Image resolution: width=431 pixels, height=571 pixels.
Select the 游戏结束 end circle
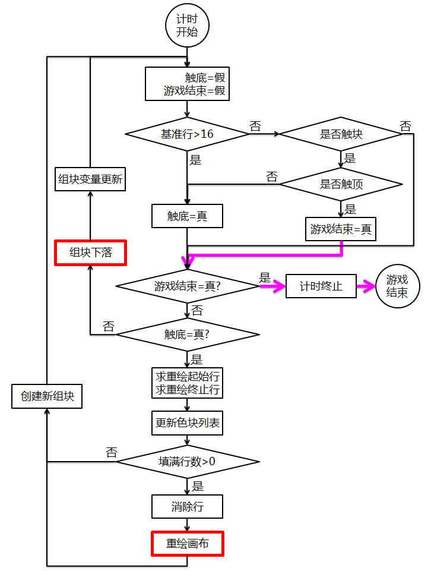(x=397, y=286)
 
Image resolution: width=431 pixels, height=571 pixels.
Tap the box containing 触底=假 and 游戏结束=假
(x=187, y=84)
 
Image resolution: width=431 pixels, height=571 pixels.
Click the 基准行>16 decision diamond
(x=187, y=134)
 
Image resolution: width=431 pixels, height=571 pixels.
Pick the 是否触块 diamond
(x=341, y=134)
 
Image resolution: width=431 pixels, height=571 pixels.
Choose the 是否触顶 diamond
(x=341, y=184)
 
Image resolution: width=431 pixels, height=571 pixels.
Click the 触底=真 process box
(x=187, y=217)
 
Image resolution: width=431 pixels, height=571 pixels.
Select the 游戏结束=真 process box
(x=341, y=229)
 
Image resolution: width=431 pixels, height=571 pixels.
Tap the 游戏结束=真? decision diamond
(x=187, y=286)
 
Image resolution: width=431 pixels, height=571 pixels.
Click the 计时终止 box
(x=321, y=286)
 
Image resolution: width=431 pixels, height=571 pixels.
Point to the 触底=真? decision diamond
(x=187, y=335)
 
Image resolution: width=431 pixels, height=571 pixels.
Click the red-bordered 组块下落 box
(x=90, y=253)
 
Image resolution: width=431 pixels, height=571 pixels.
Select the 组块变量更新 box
(x=90, y=179)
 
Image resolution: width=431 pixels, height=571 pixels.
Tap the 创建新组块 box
(x=47, y=396)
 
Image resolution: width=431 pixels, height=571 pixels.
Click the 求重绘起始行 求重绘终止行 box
(x=187, y=383)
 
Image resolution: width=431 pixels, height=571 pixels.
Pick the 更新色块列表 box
(x=187, y=423)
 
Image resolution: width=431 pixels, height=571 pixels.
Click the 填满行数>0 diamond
(x=187, y=462)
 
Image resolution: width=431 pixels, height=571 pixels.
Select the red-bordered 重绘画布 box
(x=187, y=544)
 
